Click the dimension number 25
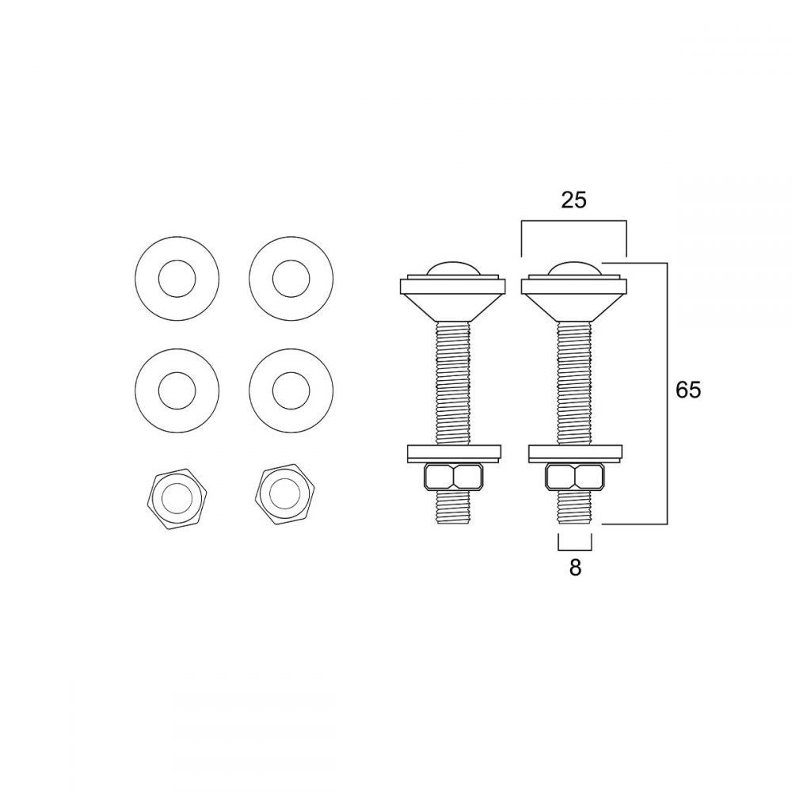pos(573,200)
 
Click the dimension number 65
pos(688,390)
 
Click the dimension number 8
pos(575,568)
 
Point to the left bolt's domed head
pos(451,269)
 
